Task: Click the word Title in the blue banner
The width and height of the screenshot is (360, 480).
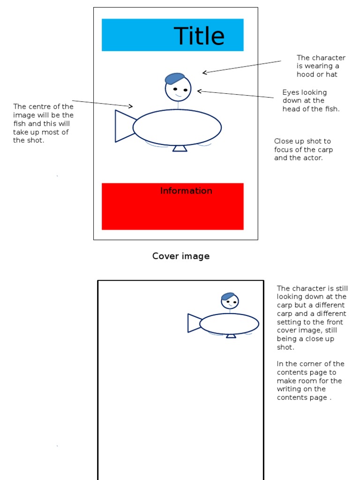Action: tap(199, 36)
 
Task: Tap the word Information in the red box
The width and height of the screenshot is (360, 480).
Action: tap(186, 191)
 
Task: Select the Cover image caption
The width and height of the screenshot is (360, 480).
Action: tap(181, 256)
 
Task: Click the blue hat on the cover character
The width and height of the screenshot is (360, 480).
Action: tap(174, 78)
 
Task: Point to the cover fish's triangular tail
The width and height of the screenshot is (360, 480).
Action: tap(123, 126)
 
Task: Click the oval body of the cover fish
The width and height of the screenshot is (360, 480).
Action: tap(177, 127)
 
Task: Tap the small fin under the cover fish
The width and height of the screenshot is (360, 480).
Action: tap(180, 149)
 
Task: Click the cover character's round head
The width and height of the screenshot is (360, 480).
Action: tap(178, 89)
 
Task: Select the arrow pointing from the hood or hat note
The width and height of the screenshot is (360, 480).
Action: tap(241, 67)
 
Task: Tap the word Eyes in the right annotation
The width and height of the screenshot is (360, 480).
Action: tap(291, 92)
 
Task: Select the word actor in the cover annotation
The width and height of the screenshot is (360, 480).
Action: tap(312, 158)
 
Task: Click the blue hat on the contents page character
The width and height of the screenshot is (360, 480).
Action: tap(228, 296)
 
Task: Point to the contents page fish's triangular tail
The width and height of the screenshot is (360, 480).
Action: tap(194, 323)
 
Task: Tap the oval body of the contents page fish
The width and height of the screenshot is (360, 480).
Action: tap(229, 324)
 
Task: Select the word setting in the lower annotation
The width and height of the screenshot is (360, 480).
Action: tap(290, 322)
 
